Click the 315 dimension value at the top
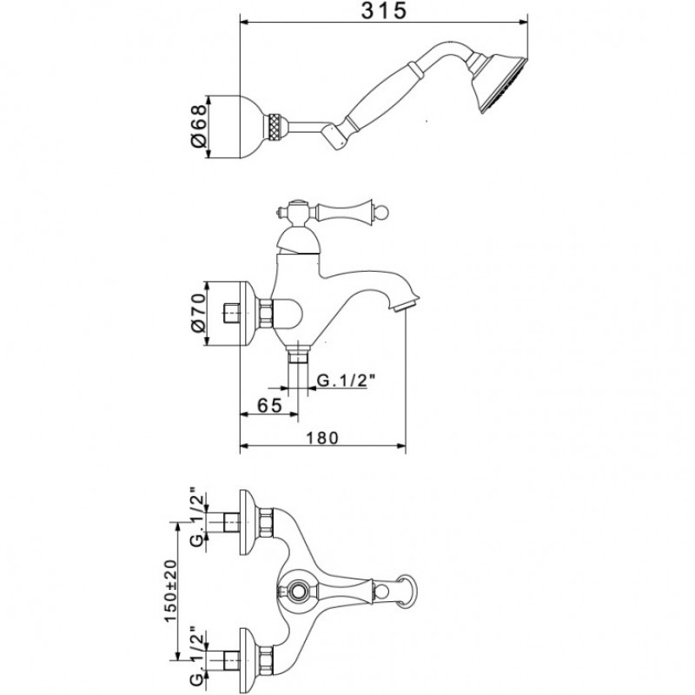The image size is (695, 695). coord(383,11)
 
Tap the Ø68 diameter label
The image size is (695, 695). coord(198,126)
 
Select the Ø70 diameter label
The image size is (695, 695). coord(198,313)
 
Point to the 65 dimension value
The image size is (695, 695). coord(269,405)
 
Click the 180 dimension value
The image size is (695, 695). coord(322,438)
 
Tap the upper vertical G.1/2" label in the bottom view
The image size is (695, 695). coord(198,517)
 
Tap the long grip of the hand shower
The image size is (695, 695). coord(381,98)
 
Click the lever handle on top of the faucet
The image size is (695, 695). coord(341,209)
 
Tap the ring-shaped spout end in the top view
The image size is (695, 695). coord(407,591)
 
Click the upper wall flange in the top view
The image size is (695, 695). coord(248,522)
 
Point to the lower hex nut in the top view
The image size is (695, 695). coord(265,660)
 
